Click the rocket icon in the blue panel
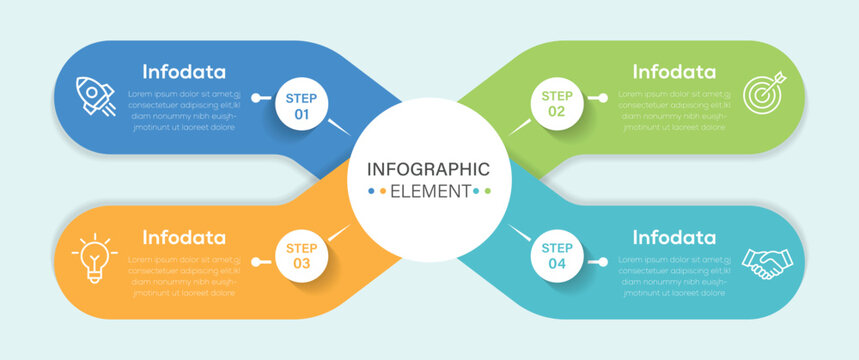(96, 96)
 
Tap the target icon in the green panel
(763, 96)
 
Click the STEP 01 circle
(301, 106)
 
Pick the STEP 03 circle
(301, 256)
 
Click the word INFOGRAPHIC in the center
(428, 169)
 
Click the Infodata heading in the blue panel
(184, 72)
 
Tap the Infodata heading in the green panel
(674, 72)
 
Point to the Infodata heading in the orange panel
(184, 237)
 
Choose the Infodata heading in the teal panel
(674, 237)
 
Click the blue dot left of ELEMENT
(372, 191)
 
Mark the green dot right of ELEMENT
(488, 191)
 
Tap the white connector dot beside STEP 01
(256, 98)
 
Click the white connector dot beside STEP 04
(603, 262)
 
